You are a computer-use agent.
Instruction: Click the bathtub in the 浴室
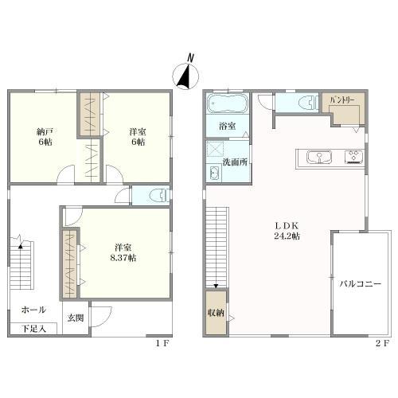point(228,103)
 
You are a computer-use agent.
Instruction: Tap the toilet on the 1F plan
point(159,196)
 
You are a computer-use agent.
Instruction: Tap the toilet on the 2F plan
point(308,103)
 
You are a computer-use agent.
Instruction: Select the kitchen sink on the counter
point(319,157)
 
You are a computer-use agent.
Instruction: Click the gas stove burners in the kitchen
point(353,157)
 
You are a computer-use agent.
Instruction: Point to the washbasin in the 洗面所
point(214,174)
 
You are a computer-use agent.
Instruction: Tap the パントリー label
point(342,100)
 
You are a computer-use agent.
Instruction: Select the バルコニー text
point(361,284)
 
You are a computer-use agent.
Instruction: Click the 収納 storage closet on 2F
point(216,313)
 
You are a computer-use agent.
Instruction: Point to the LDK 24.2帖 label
point(287,231)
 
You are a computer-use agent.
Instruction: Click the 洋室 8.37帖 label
point(123,253)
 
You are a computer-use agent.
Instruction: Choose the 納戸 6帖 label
point(45,137)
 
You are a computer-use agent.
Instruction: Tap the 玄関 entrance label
point(76,318)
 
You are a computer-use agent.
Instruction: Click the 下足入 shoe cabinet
point(33,329)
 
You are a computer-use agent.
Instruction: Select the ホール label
point(33,310)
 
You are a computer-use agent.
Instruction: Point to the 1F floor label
point(162,344)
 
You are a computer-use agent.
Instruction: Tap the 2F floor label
point(382,344)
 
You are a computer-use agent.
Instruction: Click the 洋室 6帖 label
point(138,137)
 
